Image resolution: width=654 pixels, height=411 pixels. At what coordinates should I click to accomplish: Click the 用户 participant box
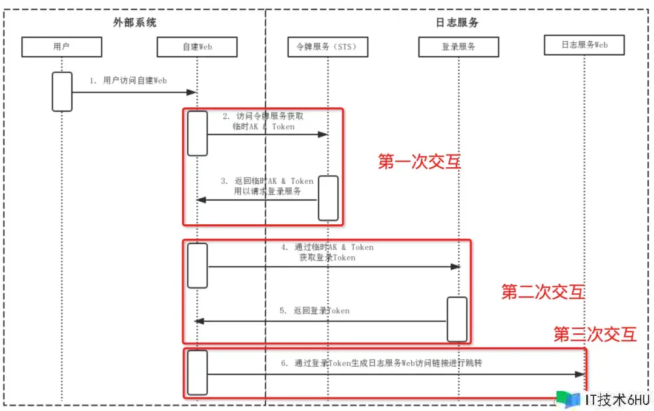pos(62,47)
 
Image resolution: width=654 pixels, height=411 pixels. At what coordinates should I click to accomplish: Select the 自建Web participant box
pos(197,47)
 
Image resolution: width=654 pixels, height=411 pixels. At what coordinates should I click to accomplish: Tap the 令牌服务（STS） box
pos(328,47)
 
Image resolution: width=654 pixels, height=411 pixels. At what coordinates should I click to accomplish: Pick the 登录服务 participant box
pos(458,47)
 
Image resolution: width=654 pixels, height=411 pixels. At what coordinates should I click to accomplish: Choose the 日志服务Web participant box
pos(584,45)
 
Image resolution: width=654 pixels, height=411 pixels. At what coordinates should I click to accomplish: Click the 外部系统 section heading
pos(134,22)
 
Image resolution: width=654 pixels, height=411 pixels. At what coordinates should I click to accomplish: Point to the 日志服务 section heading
pos(457,22)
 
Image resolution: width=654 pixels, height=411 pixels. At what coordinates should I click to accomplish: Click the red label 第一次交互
pos(419,162)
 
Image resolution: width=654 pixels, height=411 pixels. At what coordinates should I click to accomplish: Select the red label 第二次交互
pos(543,292)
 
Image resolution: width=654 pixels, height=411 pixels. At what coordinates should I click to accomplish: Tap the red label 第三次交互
pos(595,334)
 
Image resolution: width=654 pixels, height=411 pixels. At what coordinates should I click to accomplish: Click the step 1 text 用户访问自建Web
pos(128,80)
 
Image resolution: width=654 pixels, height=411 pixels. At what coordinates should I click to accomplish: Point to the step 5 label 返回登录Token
pos(314,310)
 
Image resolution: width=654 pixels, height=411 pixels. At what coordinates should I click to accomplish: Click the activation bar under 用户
pos(62,92)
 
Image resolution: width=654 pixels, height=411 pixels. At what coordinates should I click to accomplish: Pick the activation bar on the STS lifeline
pos(328,198)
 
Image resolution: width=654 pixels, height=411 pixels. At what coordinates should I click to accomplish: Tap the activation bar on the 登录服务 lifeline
pos(457,319)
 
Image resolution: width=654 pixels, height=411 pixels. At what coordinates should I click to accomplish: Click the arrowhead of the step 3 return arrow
pos(201,199)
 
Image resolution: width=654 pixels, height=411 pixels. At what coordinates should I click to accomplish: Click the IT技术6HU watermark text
pos(616,399)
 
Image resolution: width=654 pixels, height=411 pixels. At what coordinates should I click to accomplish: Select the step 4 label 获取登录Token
pos(327,258)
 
